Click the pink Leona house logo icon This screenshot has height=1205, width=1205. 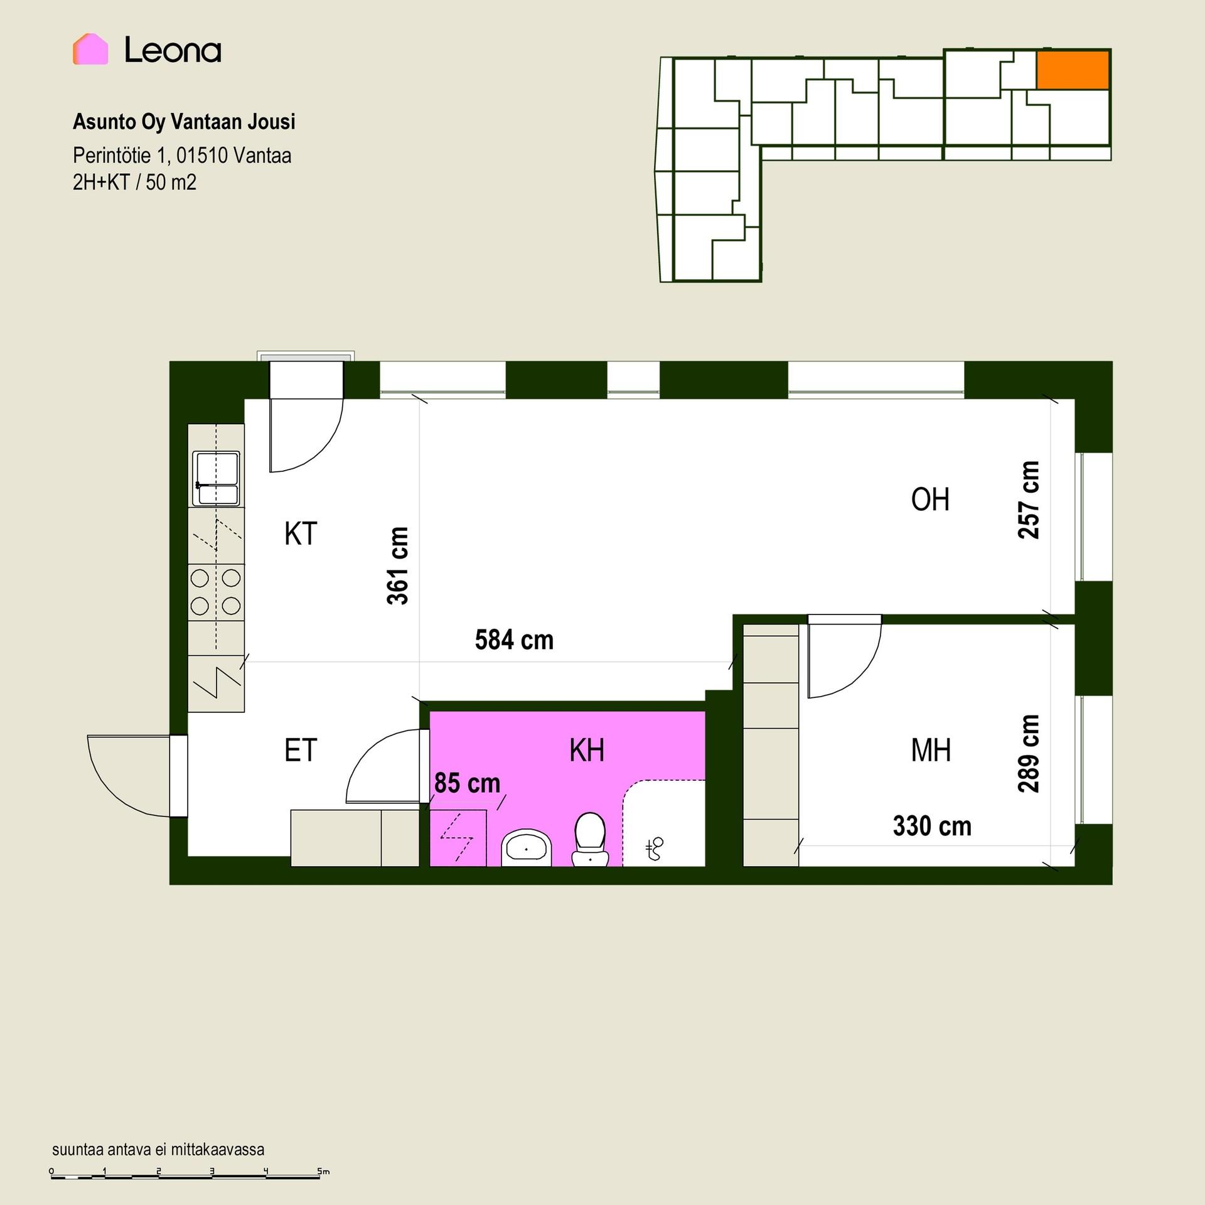click(x=90, y=49)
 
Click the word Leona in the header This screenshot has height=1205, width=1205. click(x=173, y=50)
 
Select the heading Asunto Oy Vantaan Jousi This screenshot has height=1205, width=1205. click(x=184, y=122)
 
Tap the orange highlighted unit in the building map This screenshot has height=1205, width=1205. click(x=1073, y=70)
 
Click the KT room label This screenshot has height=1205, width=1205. click(x=301, y=534)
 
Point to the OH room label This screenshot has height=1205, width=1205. click(x=930, y=500)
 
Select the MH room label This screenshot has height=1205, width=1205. click(x=931, y=750)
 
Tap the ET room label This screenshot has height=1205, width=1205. click(x=301, y=750)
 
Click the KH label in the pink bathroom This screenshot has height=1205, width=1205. click(x=587, y=750)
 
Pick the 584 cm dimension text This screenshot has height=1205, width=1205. click(x=514, y=640)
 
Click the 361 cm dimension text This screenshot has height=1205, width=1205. click(x=398, y=566)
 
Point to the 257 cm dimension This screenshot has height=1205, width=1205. click(x=1029, y=500)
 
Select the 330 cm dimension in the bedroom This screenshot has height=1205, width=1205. click(x=932, y=826)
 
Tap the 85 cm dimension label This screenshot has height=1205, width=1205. click(x=467, y=783)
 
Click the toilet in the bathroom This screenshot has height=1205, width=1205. click(x=590, y=839)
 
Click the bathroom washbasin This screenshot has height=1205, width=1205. click(x=526, y=848)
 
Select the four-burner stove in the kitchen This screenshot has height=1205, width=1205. click(x=216, y=591)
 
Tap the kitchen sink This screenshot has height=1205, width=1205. click(x=216, y=478)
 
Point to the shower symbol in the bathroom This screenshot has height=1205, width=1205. click(x=655, y=849)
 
